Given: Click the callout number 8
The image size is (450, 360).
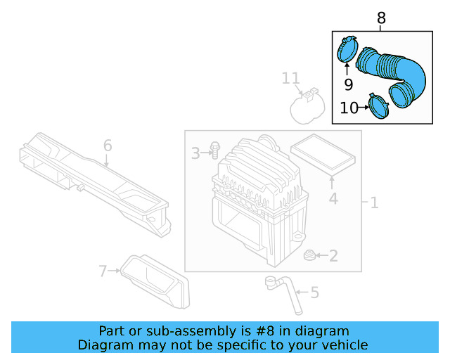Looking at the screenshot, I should pyautogui.click(x=381, y=18).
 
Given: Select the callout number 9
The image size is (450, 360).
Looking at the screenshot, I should pyautogui.click(x=348, y=85).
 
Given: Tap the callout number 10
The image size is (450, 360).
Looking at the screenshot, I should pyautogui.click(x=349, y=108).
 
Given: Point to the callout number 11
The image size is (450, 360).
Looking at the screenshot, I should pyautogui.click(x=291, y=78).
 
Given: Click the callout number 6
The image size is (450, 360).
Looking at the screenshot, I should pyautogui.click(x=108, y=146).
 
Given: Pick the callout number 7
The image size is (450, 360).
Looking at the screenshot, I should pyautogui.click(x=103, y=271).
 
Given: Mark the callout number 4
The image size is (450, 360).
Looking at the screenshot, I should pyautogui.click(x=333, y=199).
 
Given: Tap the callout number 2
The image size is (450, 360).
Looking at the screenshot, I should pyautogui.click(x=333, y=255).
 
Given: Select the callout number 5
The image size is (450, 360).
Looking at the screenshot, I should pyautogui.click(x=314, y=291).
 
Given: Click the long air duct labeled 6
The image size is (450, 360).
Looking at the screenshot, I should pyautogui.click(x=91, y=176).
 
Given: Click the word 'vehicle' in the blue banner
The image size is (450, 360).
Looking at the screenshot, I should pyautogui.click(x=343, y=345).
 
